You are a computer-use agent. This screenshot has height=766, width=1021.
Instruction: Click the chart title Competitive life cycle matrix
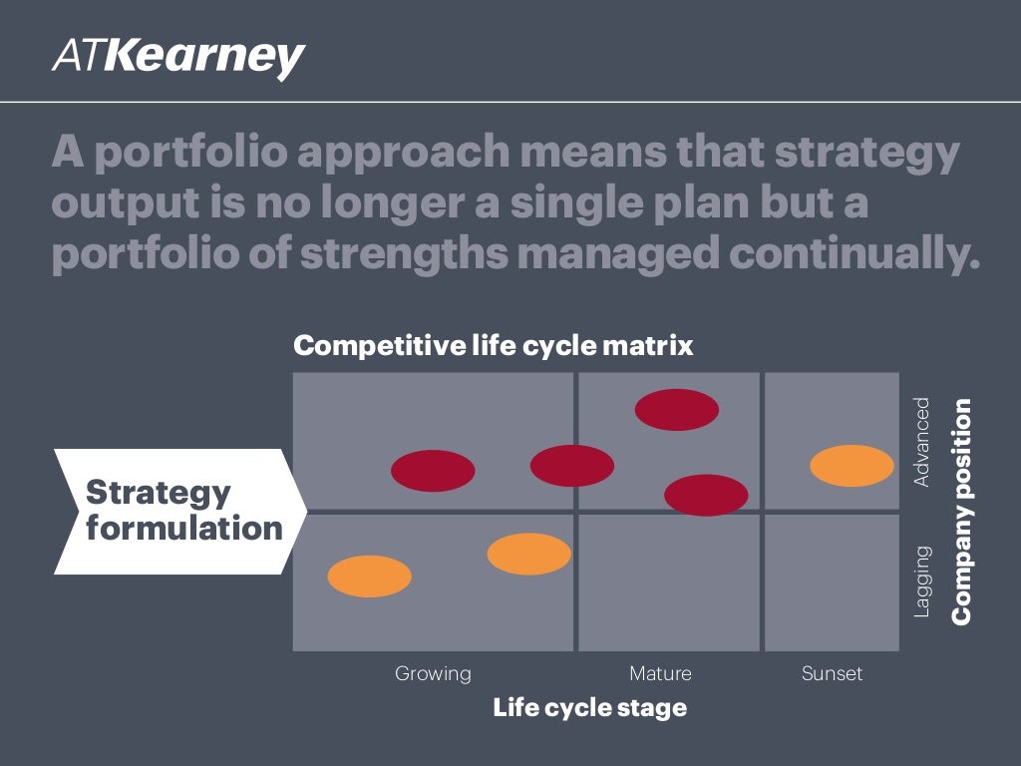coord(493,346)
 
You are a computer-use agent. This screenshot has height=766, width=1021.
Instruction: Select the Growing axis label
coord(433,673)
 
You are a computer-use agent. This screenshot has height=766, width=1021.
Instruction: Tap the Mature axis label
coord(660,673)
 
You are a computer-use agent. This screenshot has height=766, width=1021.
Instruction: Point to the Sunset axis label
coord(832,673)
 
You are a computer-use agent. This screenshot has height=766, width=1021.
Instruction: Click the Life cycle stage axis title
coord(589,708)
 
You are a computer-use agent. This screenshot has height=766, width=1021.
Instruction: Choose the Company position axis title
coord(961,512)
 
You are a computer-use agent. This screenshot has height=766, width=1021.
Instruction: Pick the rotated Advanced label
coord(922,442)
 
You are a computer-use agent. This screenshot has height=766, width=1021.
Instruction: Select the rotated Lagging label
coord(922,580)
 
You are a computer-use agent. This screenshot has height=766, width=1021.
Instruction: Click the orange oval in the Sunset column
coord(851,466)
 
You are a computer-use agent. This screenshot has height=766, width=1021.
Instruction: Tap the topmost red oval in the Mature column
coord(677,410)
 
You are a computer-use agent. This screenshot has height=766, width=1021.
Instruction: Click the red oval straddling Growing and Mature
coord(572,466)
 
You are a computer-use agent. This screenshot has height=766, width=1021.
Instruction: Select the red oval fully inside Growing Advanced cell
coord(433,471)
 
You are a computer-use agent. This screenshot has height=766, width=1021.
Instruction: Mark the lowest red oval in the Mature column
coord(706,495)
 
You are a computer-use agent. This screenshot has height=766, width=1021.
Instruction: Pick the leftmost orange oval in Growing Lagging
coord(370,576)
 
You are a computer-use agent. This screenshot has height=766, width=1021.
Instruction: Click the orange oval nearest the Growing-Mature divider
coord(529,555)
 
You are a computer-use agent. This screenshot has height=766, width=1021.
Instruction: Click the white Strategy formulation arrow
coord(179,511)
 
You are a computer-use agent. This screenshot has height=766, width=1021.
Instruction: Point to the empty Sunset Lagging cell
coord(832,582)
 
